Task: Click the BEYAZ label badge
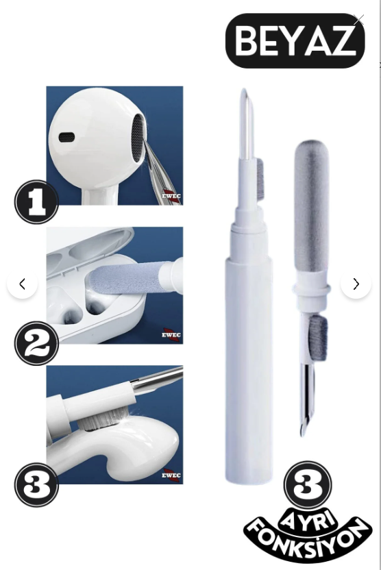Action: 295,40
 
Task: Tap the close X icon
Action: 358,20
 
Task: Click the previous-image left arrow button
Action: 22,284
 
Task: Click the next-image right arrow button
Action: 356,284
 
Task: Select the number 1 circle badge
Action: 36,201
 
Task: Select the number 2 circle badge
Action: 36,343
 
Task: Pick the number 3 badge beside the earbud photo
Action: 36,484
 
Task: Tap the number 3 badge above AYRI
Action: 308,484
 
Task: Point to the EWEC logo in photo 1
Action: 171,196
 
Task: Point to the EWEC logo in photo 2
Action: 171,334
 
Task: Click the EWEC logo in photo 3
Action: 171,475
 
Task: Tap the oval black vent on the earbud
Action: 67,138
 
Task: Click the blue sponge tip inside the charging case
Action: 124,280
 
